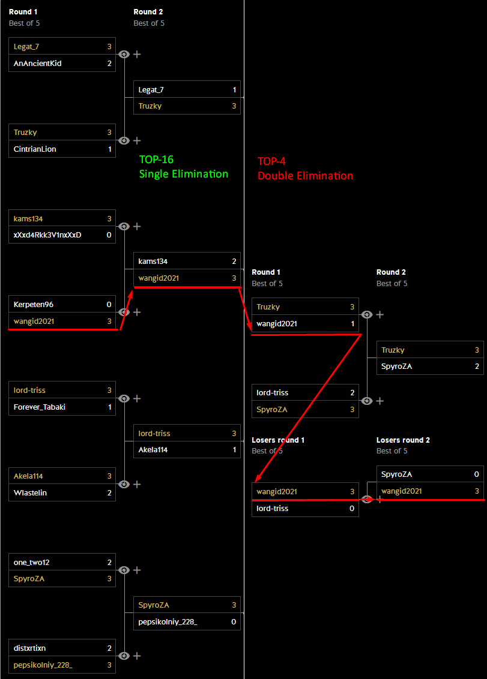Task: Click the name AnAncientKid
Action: (x=37, y=63)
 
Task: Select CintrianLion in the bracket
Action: (x=35, y=149)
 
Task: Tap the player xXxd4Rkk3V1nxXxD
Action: (x=47, y=235)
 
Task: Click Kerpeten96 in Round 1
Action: (x=34, y=304)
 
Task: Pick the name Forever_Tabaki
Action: (x=40, y=407)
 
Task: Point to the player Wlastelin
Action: (x=30, y=492)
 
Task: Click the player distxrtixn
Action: (x=30, y=648)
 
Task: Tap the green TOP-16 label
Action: (x=156, y=160)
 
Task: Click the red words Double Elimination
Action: (x=306, y=176)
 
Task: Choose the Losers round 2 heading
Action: (x=403, y=440)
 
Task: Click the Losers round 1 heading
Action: (x=278, y=440)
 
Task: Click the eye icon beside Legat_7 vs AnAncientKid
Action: (x=124, y=54)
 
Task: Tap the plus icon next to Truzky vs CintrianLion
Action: (x=137, y=140)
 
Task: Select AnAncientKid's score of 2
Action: (x=109, y=63)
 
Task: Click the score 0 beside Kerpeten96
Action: (x=109, y=304)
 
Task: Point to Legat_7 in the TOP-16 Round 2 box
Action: (x=151, y=89)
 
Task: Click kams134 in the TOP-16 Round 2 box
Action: (x=153, y=261)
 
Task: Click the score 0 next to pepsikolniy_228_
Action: (x=234, y=621)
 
